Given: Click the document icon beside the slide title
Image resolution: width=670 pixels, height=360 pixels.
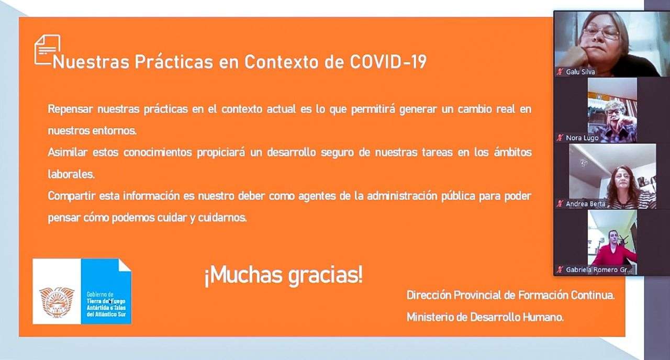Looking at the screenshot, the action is [47, 50].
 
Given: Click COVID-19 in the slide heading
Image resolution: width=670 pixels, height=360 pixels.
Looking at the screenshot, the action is [388, 62].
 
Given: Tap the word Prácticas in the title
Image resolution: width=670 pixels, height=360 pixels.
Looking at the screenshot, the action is [173, 62].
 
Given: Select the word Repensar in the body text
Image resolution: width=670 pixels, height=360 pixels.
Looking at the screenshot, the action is [70, 109].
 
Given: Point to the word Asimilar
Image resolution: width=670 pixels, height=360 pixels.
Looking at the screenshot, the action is [68, 152].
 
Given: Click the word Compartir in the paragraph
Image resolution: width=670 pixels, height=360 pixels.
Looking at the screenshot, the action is [72, 196].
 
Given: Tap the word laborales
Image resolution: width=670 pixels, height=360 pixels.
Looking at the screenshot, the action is [71, 174].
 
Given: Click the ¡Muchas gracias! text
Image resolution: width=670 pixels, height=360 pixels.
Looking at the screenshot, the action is [284, 275].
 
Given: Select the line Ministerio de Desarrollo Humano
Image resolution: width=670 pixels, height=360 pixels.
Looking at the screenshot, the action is [485, 317].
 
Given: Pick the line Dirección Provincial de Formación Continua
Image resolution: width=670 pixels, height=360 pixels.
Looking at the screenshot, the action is [510, 296].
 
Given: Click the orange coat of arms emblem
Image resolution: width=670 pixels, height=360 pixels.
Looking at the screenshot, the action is [57, 302].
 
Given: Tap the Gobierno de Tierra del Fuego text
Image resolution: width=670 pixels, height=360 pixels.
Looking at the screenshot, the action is [106, 305].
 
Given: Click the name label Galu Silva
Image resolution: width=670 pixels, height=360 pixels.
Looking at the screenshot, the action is [580, 72].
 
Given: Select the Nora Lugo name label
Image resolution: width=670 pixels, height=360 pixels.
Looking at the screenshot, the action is [582, 138].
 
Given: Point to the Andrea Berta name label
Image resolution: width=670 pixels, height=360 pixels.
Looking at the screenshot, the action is [585, 204].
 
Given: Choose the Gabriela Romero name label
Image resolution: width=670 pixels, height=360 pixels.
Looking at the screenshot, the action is [598, 269].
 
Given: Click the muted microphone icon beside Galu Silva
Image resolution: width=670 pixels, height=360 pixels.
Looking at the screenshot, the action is [560, 72].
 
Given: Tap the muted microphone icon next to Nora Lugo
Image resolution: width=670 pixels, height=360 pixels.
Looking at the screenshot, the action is [560, 138].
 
